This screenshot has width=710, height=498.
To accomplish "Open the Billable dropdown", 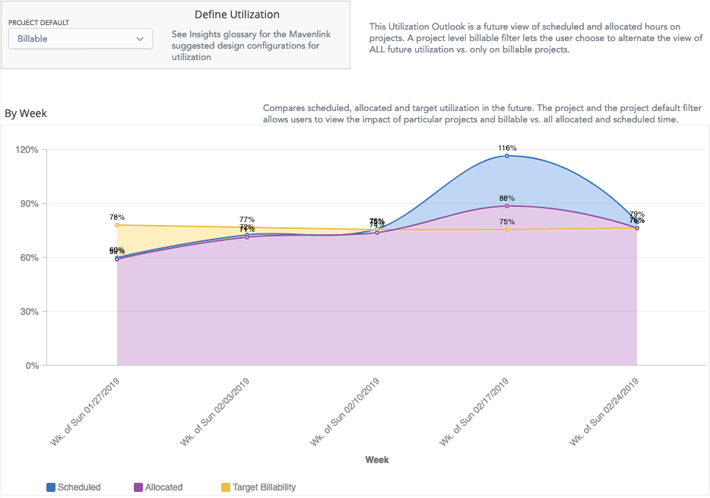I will (x=81, y=38).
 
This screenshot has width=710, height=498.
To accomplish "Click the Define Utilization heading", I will (x=237, y=14).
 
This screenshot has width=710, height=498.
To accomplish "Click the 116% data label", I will (x=507, y=147).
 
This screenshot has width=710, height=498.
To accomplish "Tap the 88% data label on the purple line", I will (x=507, y=198).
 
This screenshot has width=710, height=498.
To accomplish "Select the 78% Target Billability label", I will (x=116, y=217).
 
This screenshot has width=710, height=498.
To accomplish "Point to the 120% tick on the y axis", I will (x=27, y=149).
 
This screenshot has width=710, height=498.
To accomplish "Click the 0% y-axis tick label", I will (x=31, y=365).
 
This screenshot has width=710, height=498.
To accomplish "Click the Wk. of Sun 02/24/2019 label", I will (x=605, y=409).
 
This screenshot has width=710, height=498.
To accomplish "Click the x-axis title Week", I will (x=377, y=459).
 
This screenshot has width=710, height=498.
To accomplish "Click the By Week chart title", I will (x=26, y=113).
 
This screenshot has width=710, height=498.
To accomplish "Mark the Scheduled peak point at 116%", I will (x=507, y=156).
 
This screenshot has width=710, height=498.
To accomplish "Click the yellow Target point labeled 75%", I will (x=507, y=230).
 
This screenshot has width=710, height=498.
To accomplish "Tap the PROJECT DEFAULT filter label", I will (x=39, y=24).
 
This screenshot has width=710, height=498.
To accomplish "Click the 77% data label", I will (x=247, y=219).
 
